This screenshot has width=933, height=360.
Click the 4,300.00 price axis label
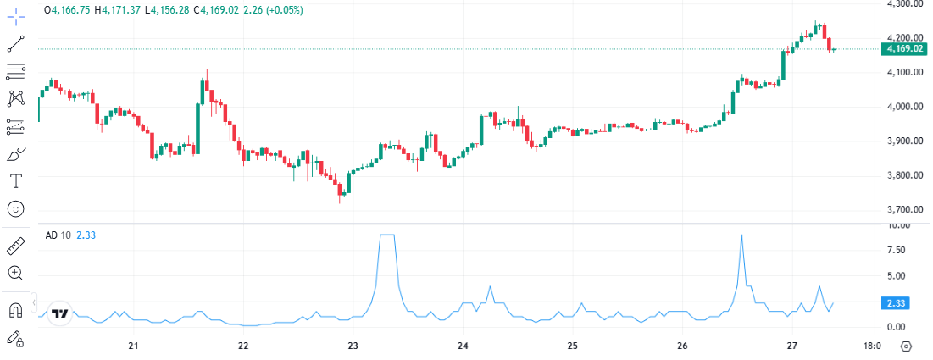904,4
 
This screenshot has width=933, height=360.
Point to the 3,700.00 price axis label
904,209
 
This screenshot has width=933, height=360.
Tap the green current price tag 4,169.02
904,49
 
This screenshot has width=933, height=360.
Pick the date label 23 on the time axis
353,346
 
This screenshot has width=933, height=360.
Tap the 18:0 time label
872,346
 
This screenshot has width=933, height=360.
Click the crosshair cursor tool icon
16,16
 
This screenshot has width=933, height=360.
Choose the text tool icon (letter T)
16,180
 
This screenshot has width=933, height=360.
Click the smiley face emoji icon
16,208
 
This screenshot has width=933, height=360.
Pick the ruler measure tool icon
16,246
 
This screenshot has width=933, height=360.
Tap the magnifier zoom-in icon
16,273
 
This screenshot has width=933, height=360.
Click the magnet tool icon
16,311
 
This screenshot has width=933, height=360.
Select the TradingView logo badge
59,313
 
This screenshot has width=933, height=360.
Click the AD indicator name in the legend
52,235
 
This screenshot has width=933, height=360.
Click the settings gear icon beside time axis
907,346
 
